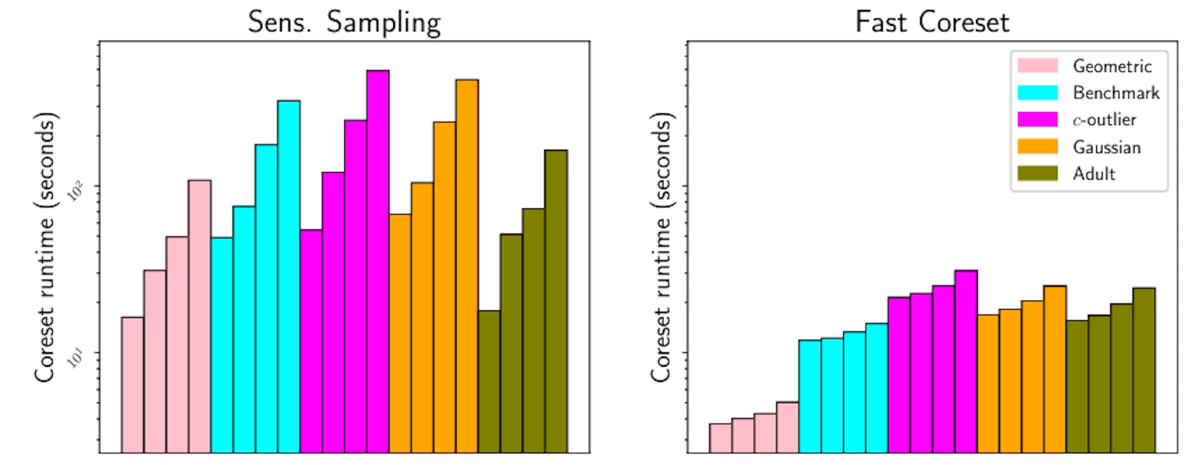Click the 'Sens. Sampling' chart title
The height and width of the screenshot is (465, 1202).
coord(344,23)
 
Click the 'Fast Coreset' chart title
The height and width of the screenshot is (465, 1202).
coord(932,23)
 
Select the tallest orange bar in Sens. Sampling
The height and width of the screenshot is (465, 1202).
coord(467,266)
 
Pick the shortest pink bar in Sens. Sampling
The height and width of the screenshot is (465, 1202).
coord(132,384)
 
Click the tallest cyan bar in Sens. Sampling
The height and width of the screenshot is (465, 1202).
coord(289,276)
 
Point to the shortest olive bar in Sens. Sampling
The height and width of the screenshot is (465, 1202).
coord(489,381)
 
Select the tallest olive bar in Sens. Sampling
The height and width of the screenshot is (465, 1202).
coord(556,301)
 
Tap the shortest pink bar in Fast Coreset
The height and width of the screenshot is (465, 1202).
coord(720,437)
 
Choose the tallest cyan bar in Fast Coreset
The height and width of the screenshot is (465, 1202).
coord(876,387)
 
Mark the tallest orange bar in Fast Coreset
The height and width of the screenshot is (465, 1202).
coord(1054,369)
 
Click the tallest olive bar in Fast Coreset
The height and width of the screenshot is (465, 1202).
coord(1144,370)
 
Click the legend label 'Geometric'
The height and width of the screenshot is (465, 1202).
coord(1112,66)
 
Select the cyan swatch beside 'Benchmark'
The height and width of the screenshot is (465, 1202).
coord(1037,93)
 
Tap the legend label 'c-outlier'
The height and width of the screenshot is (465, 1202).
coord(1104,120)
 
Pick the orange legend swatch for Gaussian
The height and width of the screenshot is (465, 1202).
coord(1037,146)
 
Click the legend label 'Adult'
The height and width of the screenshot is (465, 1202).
coord(1094,173)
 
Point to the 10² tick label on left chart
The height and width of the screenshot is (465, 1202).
coord(75,192)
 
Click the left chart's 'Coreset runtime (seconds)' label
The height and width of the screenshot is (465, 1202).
coord(44,247)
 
